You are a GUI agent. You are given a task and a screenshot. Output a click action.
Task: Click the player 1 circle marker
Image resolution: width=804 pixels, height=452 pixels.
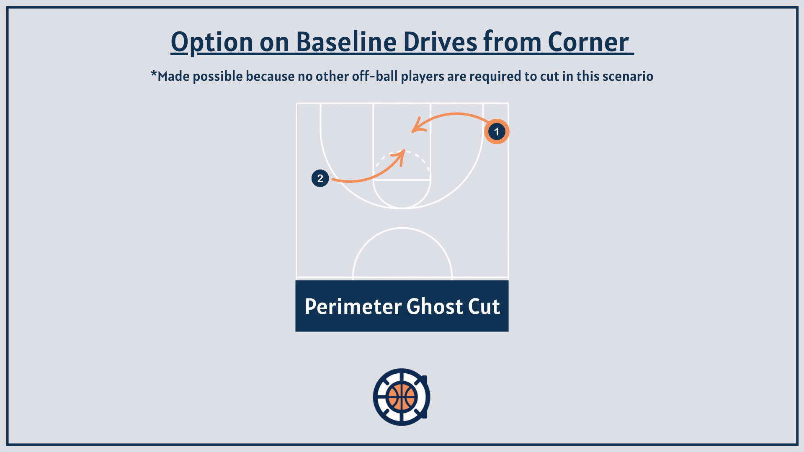click(x=497, y=132)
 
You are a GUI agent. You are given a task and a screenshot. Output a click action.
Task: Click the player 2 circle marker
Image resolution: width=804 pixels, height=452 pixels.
click(x=320, y=178)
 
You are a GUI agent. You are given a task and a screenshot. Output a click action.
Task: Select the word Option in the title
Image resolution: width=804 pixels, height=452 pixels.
click(x=212, y=43)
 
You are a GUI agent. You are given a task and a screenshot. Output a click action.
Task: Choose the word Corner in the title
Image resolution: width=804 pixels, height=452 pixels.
click(x=588, y=42)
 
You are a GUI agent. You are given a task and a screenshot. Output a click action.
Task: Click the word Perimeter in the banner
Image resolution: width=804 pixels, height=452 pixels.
click(x=353, y=307)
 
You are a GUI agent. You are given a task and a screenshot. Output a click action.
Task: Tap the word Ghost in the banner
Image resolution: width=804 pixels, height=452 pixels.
click(x=435, y=307)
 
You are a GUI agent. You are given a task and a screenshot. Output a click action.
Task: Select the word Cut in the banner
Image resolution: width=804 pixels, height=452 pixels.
click(x=484, y=307)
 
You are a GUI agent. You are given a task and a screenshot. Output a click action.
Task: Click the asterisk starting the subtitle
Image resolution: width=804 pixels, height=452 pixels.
click(x=154, y=74)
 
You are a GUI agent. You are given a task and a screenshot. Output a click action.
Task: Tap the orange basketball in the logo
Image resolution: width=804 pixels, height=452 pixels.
click(x=402, y=397)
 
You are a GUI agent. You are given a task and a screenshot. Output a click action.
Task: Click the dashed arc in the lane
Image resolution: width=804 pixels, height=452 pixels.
click(x=402, y=151)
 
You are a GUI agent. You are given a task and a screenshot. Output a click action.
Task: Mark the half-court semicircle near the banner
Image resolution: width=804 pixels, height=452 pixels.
click(x=402, y=228)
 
